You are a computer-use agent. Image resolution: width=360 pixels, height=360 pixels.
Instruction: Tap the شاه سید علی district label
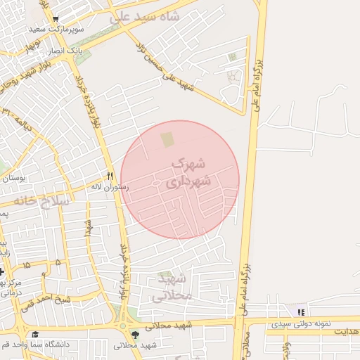click(x=145, y=17)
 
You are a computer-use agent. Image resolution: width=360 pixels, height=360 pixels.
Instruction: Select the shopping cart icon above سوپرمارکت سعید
click(x=56, y=19)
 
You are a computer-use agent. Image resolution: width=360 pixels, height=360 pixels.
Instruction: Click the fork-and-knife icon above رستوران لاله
click(x=110, y=175)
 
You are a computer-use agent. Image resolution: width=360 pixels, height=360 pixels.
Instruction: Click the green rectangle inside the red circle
click(x=166, y=141)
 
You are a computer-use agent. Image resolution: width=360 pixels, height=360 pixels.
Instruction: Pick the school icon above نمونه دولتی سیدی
click(x=302, y=311)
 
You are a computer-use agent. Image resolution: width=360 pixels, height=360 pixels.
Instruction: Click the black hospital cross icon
click(x=3, y=271)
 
